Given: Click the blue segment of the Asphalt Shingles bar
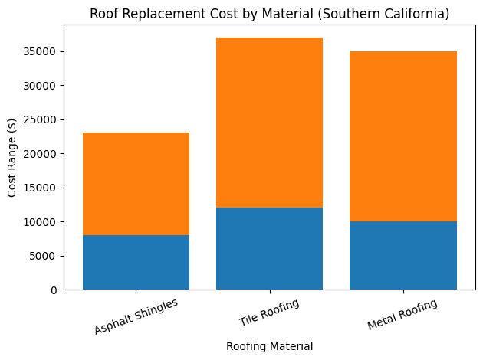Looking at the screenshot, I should click(x=136, y=262).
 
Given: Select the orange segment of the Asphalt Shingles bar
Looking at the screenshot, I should click(x=136, y=184).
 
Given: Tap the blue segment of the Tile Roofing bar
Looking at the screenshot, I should click(x=269, y=248).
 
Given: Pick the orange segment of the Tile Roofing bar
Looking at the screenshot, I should click(x=269, y=123).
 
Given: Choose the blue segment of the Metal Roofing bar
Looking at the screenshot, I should click(x=402, y=255).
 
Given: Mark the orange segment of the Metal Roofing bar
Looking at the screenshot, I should click(x=402, y=136).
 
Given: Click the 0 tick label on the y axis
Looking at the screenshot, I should click(x=54, y=290).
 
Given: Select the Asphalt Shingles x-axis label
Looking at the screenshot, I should click(x=136, y=316).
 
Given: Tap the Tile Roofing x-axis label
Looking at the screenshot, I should click(x=269, y=313).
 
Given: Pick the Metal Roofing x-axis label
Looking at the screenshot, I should click(x=402, y=314).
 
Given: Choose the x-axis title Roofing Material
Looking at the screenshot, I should click(x=269, y=346).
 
